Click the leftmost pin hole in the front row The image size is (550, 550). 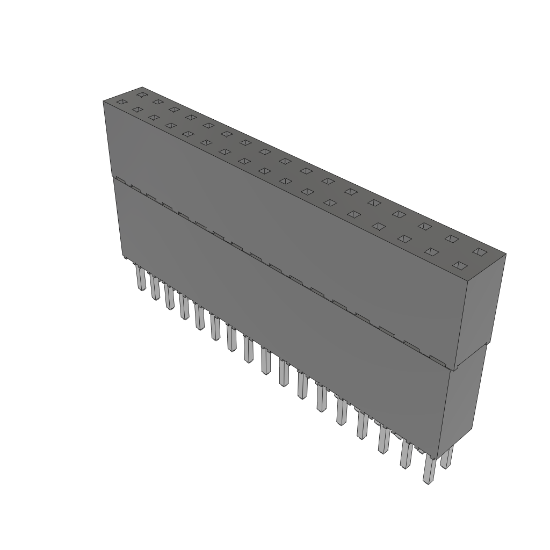[122, 102]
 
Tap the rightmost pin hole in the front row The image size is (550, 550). [459, 265]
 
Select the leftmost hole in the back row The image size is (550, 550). [142, 95]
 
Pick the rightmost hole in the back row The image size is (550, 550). [478, 251]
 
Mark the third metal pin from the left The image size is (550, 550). [170, 298]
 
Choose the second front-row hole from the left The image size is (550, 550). [137, 110]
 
